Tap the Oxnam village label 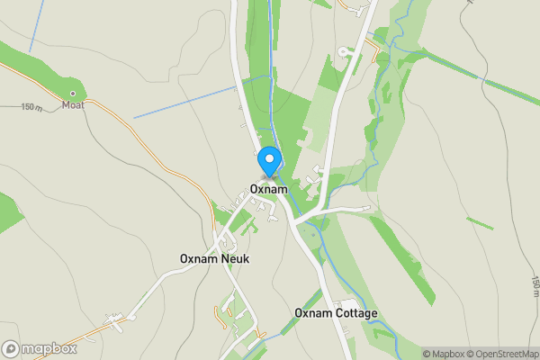pyautogui.click(x=269, y=190)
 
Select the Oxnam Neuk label pyautogui.click(x=214, y=259)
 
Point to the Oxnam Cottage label pyautogui.click(x=336, y=313)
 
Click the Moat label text pyautogui.click(x=72, y=105)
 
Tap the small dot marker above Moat pyautogui.click(x=73, y=93)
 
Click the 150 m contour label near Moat pyautogui.click(x=31, y=107)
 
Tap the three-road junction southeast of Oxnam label pyautogui.click(x=296, y=219)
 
